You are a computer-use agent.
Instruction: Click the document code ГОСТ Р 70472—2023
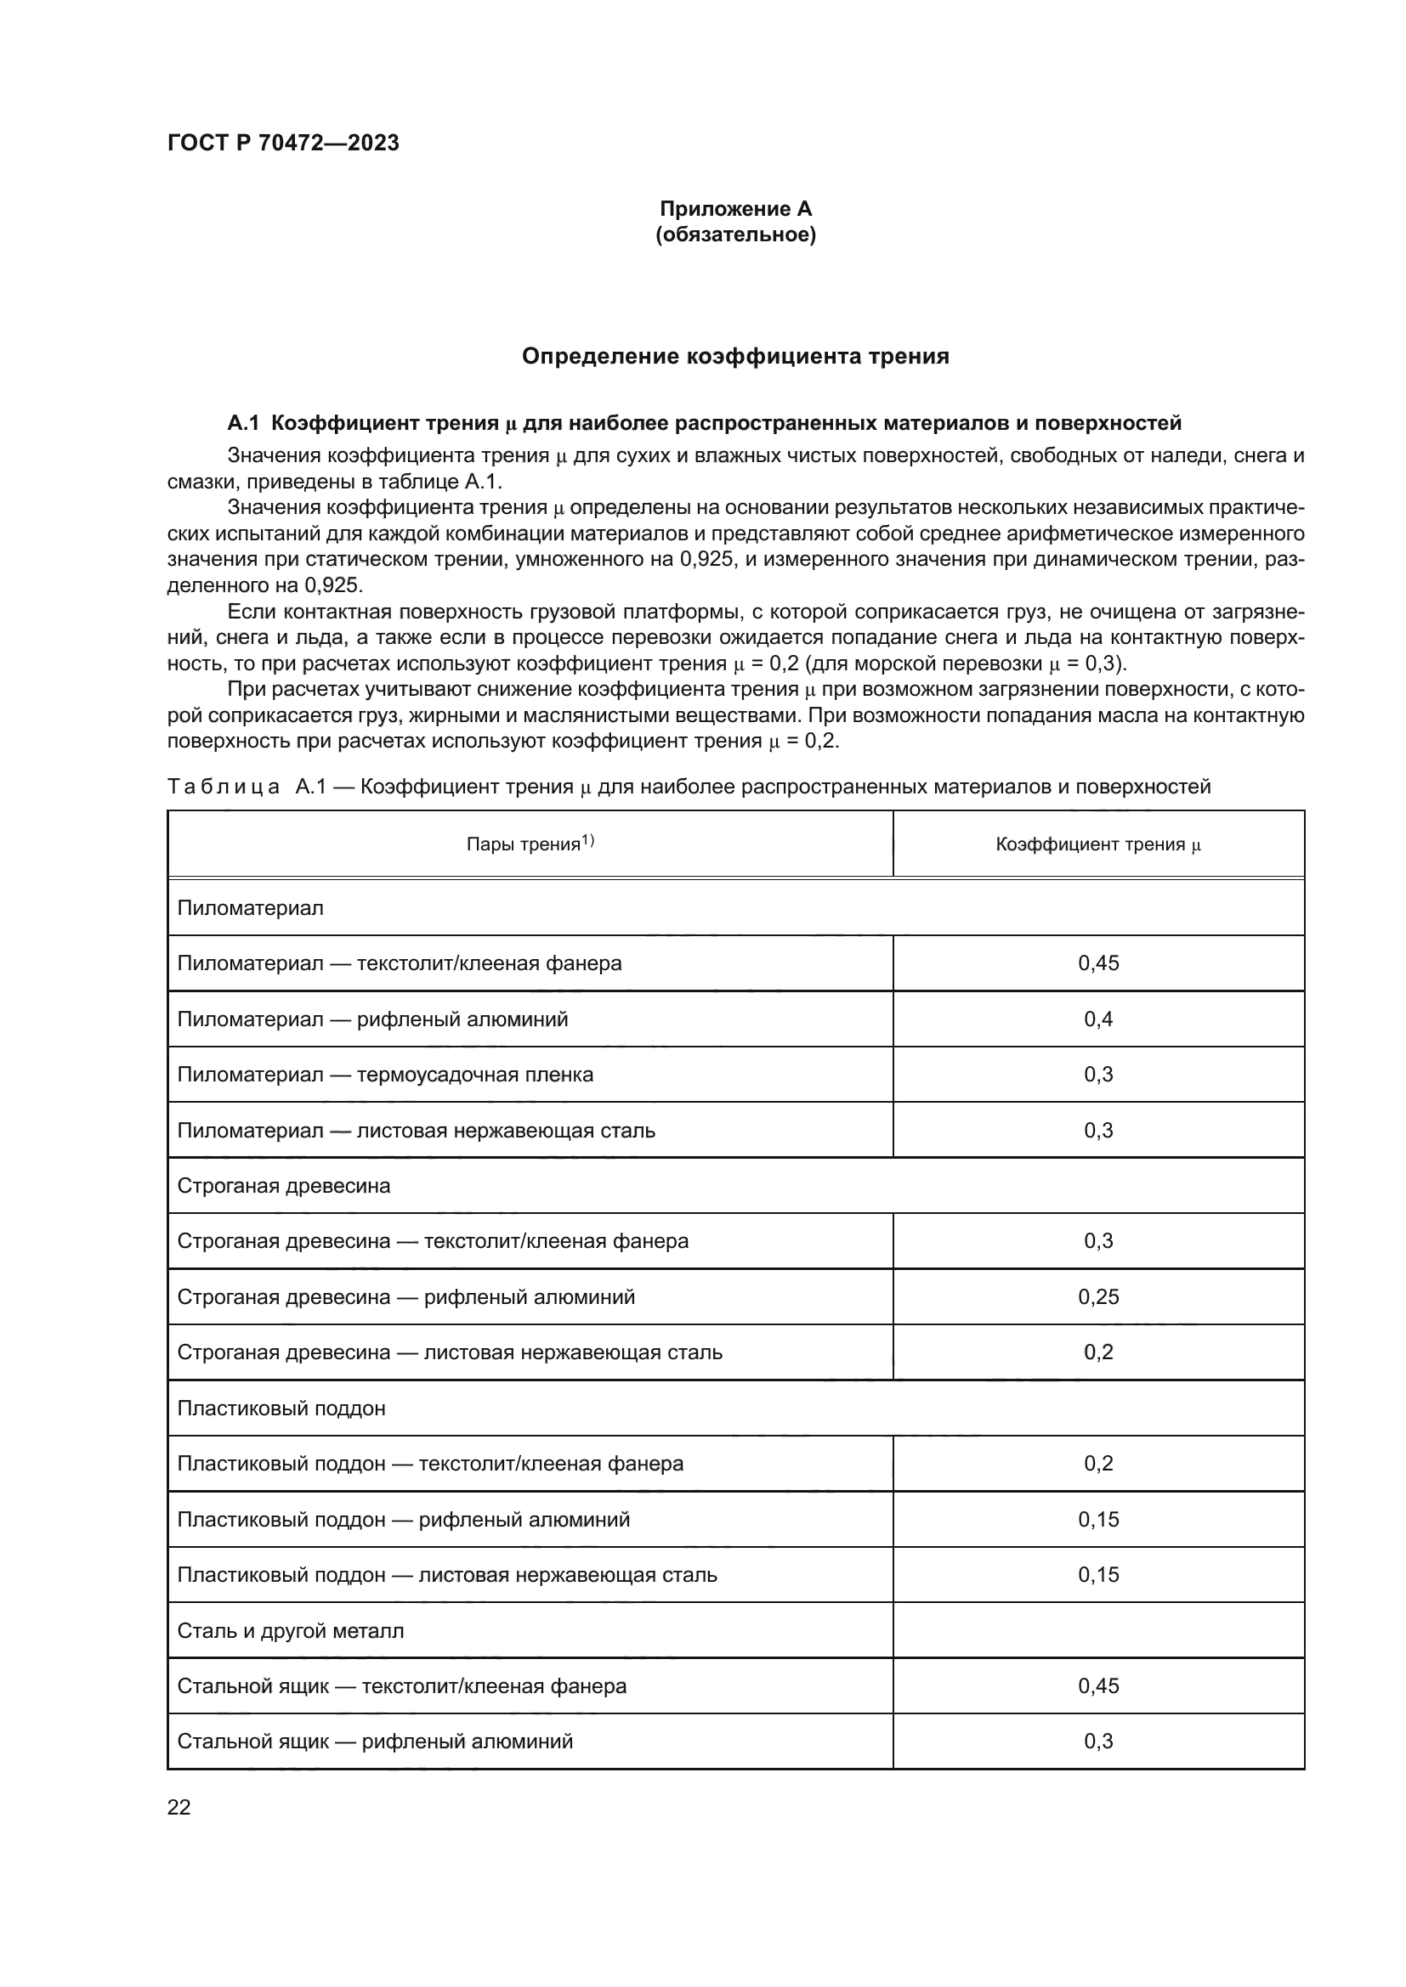[x=283, y=143]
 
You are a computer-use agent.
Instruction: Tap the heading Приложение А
[x=735, y=209]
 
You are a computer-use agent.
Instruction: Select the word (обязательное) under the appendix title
[x=735, y=234]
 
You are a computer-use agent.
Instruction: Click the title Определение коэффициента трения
[x=735, y=356]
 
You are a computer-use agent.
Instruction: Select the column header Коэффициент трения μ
[x=1097, y=844]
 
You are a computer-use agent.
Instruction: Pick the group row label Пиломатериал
[x=250, y=908]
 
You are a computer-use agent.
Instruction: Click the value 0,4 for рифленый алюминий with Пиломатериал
[x=1097, y=1019]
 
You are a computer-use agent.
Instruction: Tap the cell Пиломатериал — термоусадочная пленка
[x=385, y=1075]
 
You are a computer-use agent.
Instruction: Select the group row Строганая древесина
[x=284, y=1186]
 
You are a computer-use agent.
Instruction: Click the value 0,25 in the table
[x=1097, y=1296]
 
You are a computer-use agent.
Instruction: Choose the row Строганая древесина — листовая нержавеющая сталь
[x=450, y=1352]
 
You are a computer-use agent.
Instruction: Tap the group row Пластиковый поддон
[x=281, y=1408]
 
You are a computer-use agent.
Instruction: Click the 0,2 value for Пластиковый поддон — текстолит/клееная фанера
[x=1097, y=1464]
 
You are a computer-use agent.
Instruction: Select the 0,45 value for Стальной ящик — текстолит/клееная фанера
[x=1097, y=1685]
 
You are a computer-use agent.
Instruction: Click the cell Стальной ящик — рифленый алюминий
[x=375, y=1741]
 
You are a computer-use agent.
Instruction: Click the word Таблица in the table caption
[x=224, y=787]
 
